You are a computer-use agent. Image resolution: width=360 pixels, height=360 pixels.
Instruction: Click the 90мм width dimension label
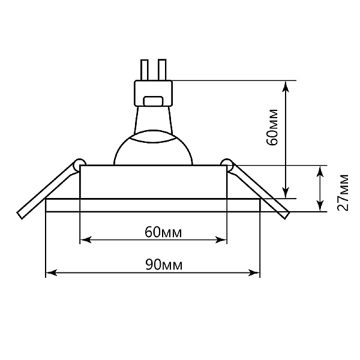[164, 265]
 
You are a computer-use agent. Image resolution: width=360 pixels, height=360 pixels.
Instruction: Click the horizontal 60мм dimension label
[163, 232]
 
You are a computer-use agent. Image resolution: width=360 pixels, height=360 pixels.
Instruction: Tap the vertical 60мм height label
[272, 127]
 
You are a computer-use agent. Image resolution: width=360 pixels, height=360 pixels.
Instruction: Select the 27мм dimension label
[343, 193]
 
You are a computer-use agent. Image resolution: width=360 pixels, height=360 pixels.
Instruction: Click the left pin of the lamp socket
[145, 70]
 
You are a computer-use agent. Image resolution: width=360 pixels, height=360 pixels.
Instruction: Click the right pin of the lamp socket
[162, 70]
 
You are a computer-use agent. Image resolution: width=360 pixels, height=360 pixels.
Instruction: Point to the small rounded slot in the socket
[153, 101]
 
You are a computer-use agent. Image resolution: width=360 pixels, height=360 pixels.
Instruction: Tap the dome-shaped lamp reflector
[153, 148]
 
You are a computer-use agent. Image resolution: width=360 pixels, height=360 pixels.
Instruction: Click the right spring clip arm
[259, 190]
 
